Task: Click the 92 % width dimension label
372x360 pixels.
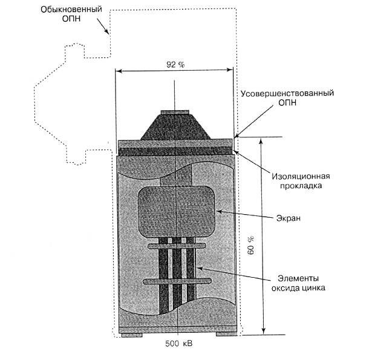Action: (177, 64)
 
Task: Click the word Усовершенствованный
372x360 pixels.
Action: (288, 94)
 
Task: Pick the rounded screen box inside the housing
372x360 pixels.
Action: (177, 211)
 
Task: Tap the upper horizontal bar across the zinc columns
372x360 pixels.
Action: (176, 245)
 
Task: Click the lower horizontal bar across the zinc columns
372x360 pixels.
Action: (177, 281)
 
